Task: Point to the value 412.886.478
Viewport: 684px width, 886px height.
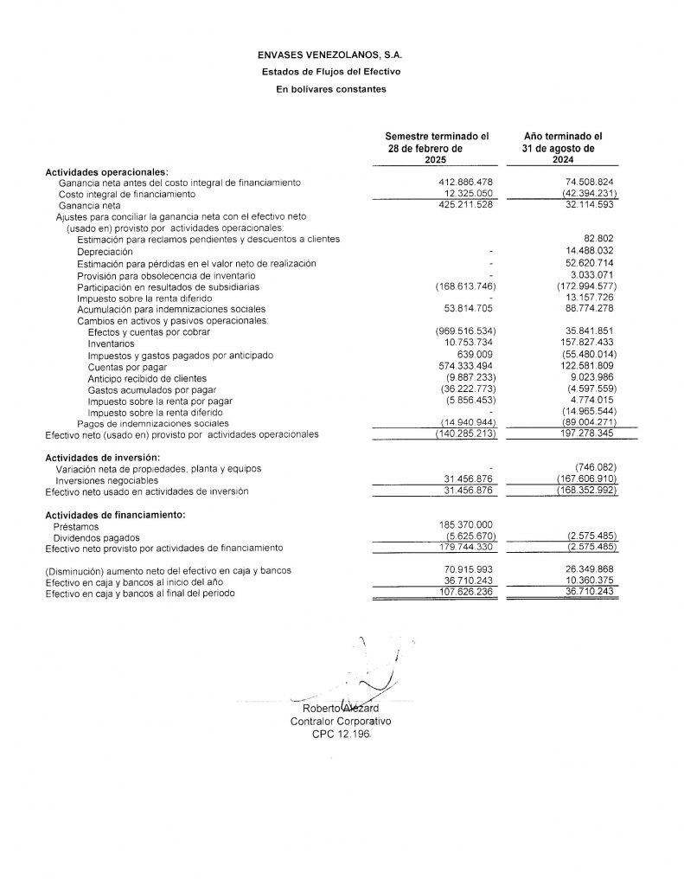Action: pos(465,183)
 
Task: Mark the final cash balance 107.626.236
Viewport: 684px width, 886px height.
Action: pos(466,594)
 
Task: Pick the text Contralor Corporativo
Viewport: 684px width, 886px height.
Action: pos(341,721)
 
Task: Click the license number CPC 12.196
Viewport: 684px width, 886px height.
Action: pos(341,734)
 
